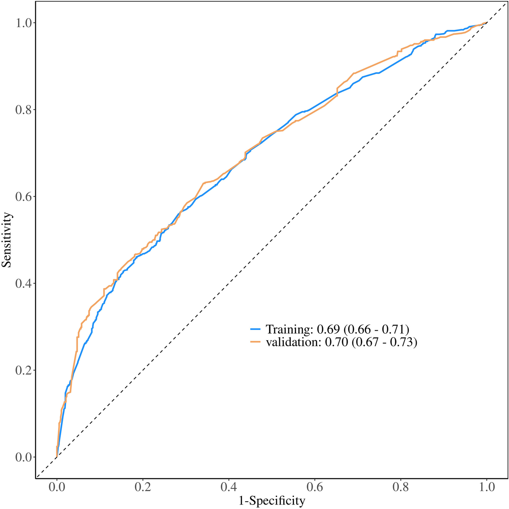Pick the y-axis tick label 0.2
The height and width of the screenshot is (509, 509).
click(23, 370)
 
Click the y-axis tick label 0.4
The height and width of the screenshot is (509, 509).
click(23, 283)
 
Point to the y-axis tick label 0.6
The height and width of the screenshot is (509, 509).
click(23, 197)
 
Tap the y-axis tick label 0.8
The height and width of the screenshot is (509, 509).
click(23, 110)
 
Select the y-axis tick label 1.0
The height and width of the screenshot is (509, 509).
click(23, 23)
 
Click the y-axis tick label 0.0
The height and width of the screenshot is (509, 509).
click(23, 457)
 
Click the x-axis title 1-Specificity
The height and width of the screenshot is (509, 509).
click(272, 501)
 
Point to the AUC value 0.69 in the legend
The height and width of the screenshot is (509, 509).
click(329, 329)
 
